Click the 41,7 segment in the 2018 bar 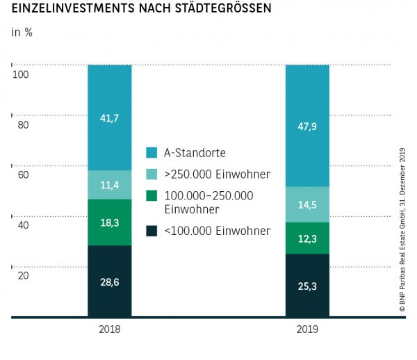(x=110, y=117)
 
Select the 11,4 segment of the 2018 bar (x=110, y=185)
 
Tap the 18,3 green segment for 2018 (x=110, y=222)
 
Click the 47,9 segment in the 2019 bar (x=307, y=126)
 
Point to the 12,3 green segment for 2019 (x=307, y=238)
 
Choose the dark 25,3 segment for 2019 (x=307, y=285)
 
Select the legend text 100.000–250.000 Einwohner (x=208, y=202)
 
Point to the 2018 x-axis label (x=110, y=331)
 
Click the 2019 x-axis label (x=307, y=331)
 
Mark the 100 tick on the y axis (x=20, y=74)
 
